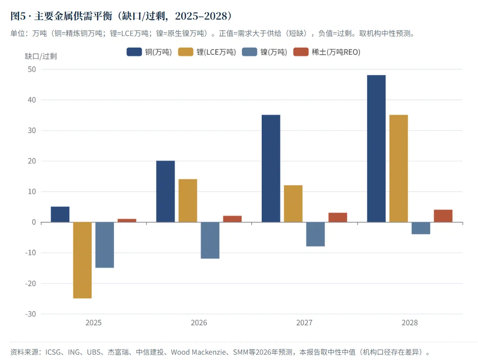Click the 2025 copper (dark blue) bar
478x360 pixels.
click(60, 214)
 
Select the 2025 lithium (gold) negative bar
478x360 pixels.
click(82, 260)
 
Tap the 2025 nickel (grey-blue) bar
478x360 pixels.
click(105, 245)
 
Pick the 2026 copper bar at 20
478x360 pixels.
click(166, 191)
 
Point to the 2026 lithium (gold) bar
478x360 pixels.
click(188, 201)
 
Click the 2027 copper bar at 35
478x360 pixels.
click(271, 169)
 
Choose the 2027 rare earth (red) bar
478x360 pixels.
click(338, 217)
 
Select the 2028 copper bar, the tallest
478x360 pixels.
click(376, 149)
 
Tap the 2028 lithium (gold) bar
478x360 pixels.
click(399, 169)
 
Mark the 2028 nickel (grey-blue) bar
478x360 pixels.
click(421, 228)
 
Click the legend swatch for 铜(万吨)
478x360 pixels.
click(134, 52)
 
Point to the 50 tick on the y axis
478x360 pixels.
click(32, 69)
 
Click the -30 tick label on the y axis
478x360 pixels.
click(30, 314)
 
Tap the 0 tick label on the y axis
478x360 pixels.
click(34, 222)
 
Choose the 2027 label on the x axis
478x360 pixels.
click(304, 323)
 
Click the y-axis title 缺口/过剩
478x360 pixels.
click(41, 57)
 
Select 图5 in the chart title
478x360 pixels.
click(18, 16)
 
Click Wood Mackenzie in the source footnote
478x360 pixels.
click(198, 352)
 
